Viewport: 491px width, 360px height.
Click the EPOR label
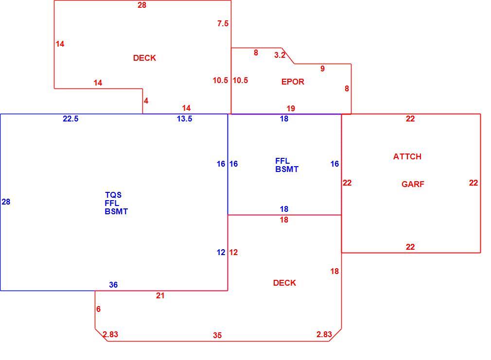[x=293, y=82]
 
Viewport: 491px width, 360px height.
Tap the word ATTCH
[x=407, y=156]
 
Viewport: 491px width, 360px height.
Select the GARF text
[x=413, y=184]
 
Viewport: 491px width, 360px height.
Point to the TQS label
[x=113, y=195]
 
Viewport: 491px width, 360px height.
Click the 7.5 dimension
[x=223, y=23]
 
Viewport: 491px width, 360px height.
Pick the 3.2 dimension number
[x=280, y=55]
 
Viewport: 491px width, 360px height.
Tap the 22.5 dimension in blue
[x=70, y=119]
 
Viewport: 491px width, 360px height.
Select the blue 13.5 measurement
[x=184, y=119]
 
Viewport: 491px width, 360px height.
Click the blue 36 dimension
[x=113, y=285]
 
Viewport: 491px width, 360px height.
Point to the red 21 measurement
[x=160, y=295]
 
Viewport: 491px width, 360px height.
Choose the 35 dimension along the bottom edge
[x=217, y=336]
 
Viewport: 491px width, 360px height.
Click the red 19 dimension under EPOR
[x=291, y=109]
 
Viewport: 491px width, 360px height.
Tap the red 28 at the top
[x=142, y=5]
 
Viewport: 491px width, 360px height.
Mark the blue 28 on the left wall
[x=6, y=202]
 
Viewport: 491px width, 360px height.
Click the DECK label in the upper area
[x=144, y=58]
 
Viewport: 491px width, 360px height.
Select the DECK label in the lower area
[x=284, y=283]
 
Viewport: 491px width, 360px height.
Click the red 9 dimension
[x=322, y=69]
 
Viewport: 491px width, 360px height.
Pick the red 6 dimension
[x=98, y=309]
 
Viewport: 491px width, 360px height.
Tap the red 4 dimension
[x=146, y=101]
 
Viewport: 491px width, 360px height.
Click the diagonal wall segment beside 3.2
[x=288, y=56]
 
